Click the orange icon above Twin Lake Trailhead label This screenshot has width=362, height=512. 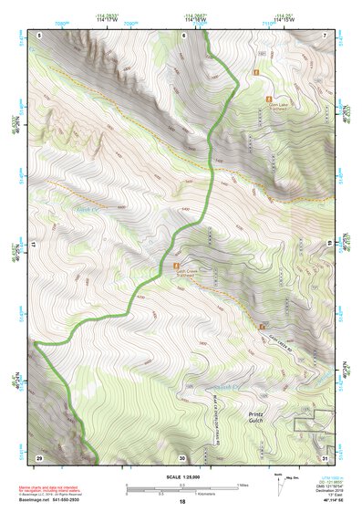point(268,96)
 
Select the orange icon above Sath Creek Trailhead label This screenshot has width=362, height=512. point(180,266)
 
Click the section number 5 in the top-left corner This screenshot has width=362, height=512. point(41,35)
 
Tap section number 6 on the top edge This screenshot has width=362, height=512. point(182,35)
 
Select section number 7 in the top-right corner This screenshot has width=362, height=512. point(326,35)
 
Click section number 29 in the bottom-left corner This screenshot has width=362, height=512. point(39,456)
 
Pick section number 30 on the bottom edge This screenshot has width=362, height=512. point(182,457)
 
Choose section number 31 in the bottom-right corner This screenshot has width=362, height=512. point(326,456)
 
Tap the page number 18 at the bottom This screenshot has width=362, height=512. point(181,502)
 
